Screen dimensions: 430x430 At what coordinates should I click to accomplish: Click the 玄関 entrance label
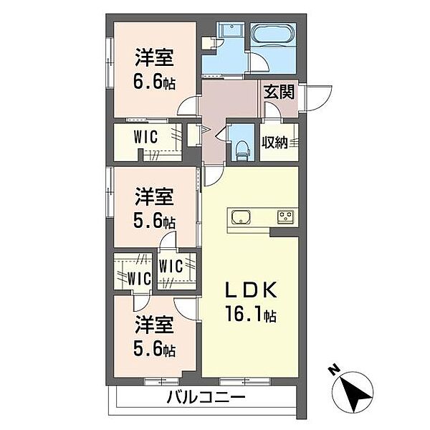tap(277, 92)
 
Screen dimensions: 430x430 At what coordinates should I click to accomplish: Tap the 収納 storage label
tap(274, 142)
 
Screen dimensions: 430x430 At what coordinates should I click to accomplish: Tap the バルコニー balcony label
tap(207, 396)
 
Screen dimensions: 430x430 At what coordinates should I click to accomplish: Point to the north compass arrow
tap(352, 394)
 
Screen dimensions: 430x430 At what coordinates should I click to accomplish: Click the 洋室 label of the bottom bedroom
tap(154, 327)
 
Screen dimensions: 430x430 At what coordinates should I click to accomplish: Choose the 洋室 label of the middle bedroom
tap(154, 195)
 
